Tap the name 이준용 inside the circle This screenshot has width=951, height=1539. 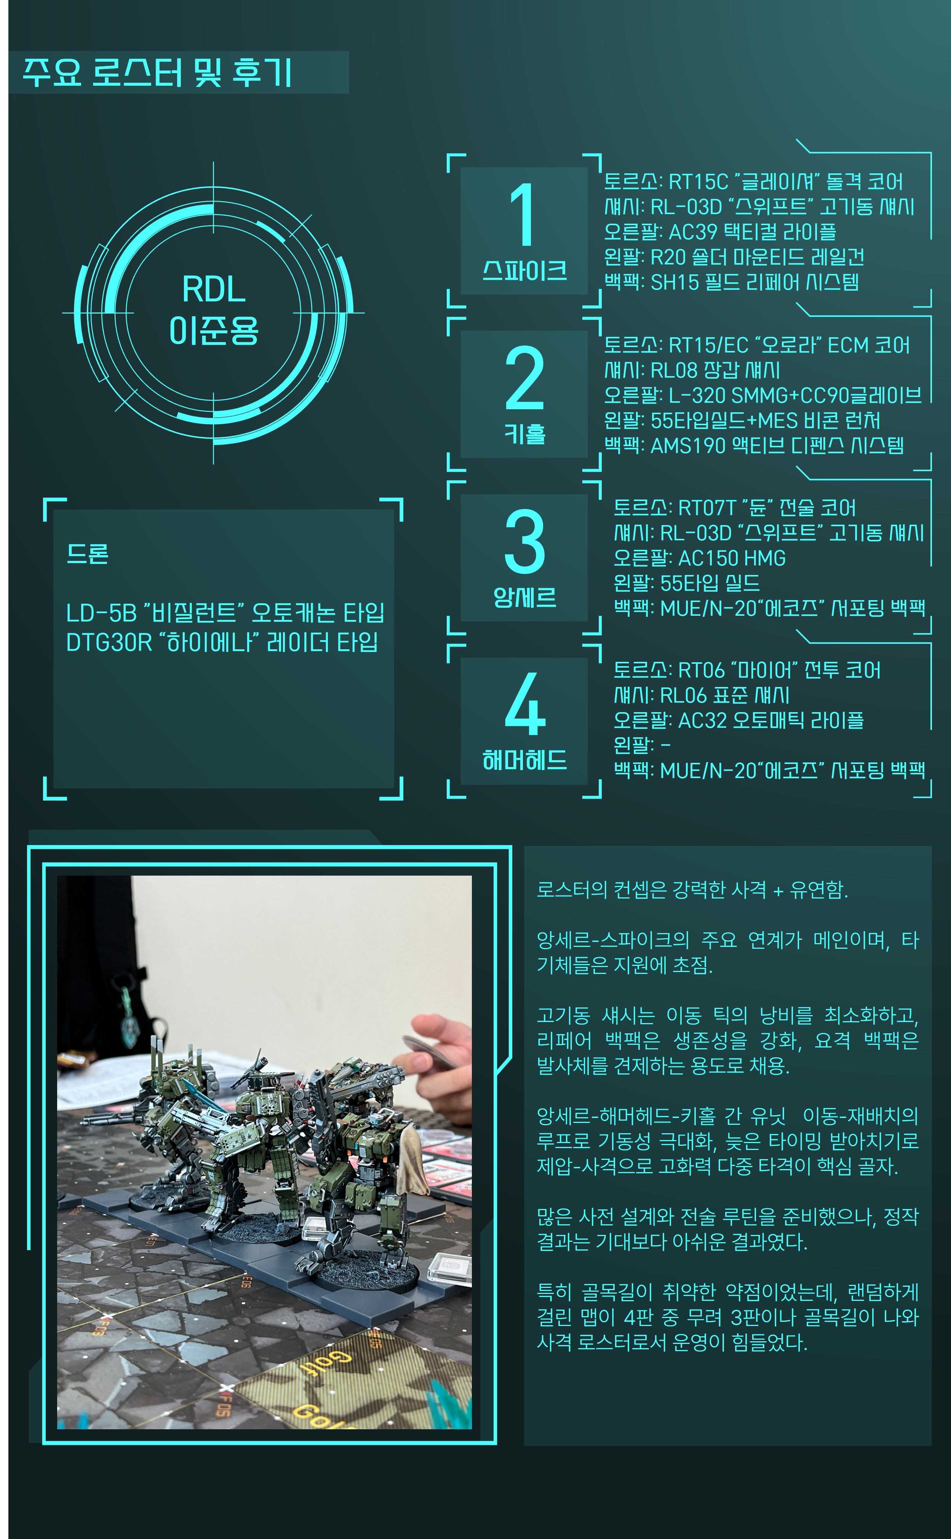point(214,330)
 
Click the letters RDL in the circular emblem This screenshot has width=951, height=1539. point(214,290)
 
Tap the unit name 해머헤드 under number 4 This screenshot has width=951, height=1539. point(524,760)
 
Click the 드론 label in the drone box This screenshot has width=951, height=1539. point(88,554)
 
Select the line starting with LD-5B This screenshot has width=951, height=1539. point(225,612)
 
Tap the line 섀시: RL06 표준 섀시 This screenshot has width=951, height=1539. point(701,695)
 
